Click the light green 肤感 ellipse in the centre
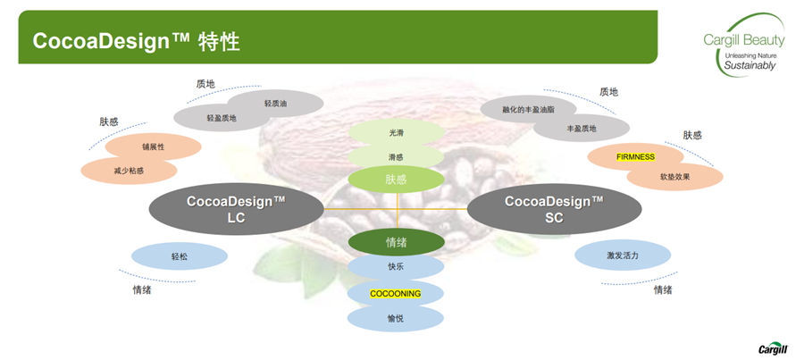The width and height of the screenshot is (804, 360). (396, 180)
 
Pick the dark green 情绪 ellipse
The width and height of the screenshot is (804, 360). (396, 242)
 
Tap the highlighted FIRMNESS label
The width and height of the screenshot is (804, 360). (635, 157)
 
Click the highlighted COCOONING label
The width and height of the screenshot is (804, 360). (396, 293)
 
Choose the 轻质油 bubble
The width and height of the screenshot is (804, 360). (276, 104)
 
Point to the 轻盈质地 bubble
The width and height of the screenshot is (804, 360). (222, 118)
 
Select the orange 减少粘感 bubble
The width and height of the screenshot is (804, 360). (129, 170)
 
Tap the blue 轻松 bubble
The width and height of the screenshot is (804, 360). (180, 256)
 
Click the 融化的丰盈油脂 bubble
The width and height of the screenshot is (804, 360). (528, 110)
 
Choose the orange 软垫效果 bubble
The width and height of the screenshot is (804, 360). (675, 177)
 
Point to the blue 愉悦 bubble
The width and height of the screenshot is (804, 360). (396, 318)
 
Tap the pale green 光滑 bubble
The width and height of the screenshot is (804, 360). (396, 133)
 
